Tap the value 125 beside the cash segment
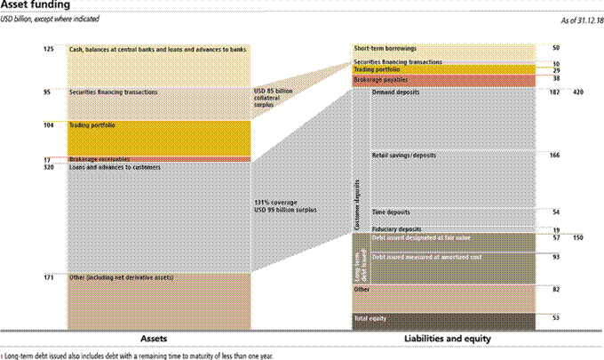[x=48, y=49]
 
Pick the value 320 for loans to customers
[x=48, y=167]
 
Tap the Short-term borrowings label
[x=385, y=48]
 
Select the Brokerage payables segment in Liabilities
[x=444, y=80]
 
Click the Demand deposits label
[x=396, y=92]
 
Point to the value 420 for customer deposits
[x=578, y=92]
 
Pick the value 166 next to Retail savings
[x=555, y=156]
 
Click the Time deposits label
[x=391, y=212]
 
